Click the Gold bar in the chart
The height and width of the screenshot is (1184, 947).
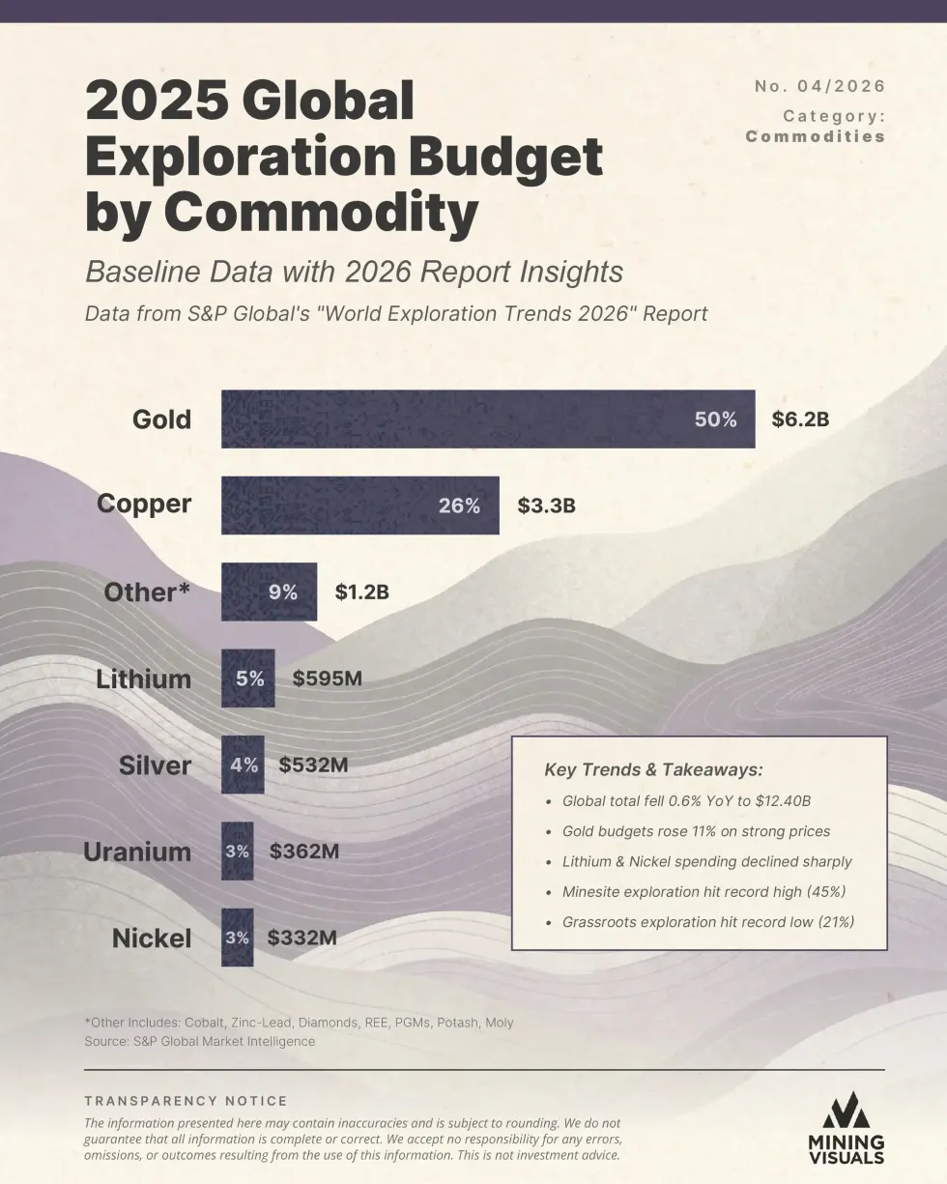(487, 419)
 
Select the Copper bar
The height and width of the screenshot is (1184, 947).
(359, 505)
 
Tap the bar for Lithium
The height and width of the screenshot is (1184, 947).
(247, 679)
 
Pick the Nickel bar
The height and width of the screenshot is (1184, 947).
(237, 938)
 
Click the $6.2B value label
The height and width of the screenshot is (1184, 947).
(800, 419)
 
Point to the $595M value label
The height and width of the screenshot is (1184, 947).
(327, 679)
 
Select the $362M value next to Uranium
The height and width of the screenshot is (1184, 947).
(303, 852)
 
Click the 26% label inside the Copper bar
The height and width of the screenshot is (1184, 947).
(459, 505)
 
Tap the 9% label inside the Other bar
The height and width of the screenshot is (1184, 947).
(283, 592)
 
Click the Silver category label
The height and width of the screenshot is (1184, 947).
(155, 765)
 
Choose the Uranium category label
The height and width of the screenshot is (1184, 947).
(137, 852)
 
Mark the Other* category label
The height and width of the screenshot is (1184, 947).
(147, 592)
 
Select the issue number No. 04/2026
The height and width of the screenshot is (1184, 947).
(819, 86)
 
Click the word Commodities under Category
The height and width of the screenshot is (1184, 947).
(816, 136)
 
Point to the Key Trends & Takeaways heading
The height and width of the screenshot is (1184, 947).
(653, 770)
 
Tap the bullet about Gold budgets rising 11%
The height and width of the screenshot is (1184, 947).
(696, 831)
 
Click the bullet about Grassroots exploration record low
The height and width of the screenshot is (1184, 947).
(707, 922)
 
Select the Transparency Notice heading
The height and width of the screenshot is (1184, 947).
(186, 1101)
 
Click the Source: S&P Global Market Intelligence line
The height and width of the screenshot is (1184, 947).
(200, 1041)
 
